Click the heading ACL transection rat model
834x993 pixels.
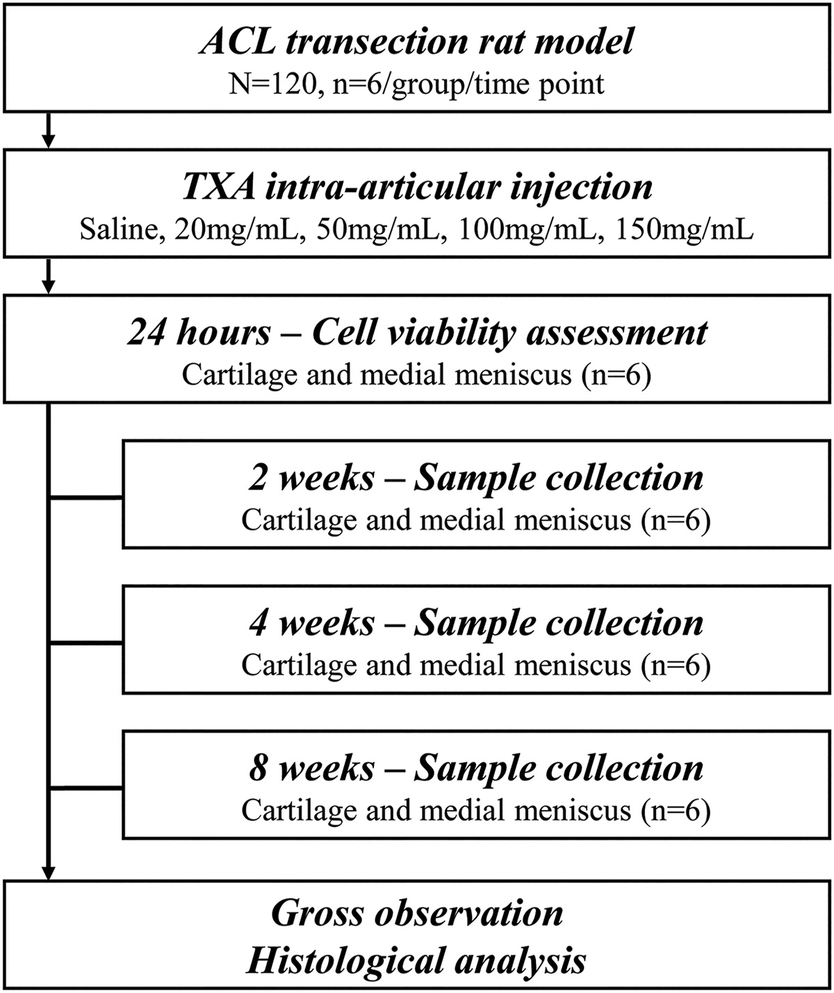[417, 41]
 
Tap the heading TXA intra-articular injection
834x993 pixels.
[417, 187]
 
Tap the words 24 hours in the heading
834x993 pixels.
[198, 333]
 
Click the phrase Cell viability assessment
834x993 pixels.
[509, 333]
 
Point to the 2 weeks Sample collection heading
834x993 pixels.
[476, 478]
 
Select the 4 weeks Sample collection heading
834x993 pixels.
[476, 623]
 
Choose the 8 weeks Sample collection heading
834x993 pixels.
[476, 768]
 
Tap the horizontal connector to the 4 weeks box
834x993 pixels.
[87, 643]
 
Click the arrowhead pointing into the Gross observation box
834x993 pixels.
[48, 873]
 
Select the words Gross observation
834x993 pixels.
[417, 913]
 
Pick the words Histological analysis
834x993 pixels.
[417, 960]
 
